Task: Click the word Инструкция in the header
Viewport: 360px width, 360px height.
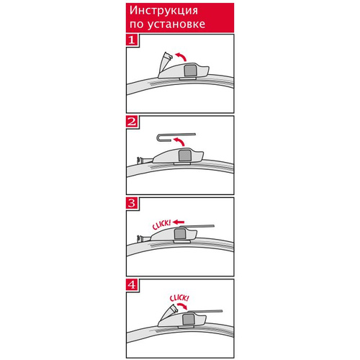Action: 163,11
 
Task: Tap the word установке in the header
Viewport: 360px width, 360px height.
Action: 176,24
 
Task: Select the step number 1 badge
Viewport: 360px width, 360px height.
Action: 132,40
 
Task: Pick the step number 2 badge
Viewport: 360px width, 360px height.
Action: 132,122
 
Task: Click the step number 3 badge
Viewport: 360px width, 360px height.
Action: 132,203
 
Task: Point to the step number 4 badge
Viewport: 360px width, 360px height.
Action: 132,285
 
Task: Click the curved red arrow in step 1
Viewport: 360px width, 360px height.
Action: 181,56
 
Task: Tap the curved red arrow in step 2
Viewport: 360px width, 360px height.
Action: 179,141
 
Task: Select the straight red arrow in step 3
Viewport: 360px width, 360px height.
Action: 179,222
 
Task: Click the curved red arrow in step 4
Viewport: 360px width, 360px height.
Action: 182,306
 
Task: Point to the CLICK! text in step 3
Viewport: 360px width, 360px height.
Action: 161,225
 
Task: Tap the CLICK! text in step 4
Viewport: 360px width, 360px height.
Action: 179,298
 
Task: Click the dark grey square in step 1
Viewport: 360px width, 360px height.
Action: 190,71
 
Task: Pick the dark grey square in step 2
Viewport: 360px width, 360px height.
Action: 184,156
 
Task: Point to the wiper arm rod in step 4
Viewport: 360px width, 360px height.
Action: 204,312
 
